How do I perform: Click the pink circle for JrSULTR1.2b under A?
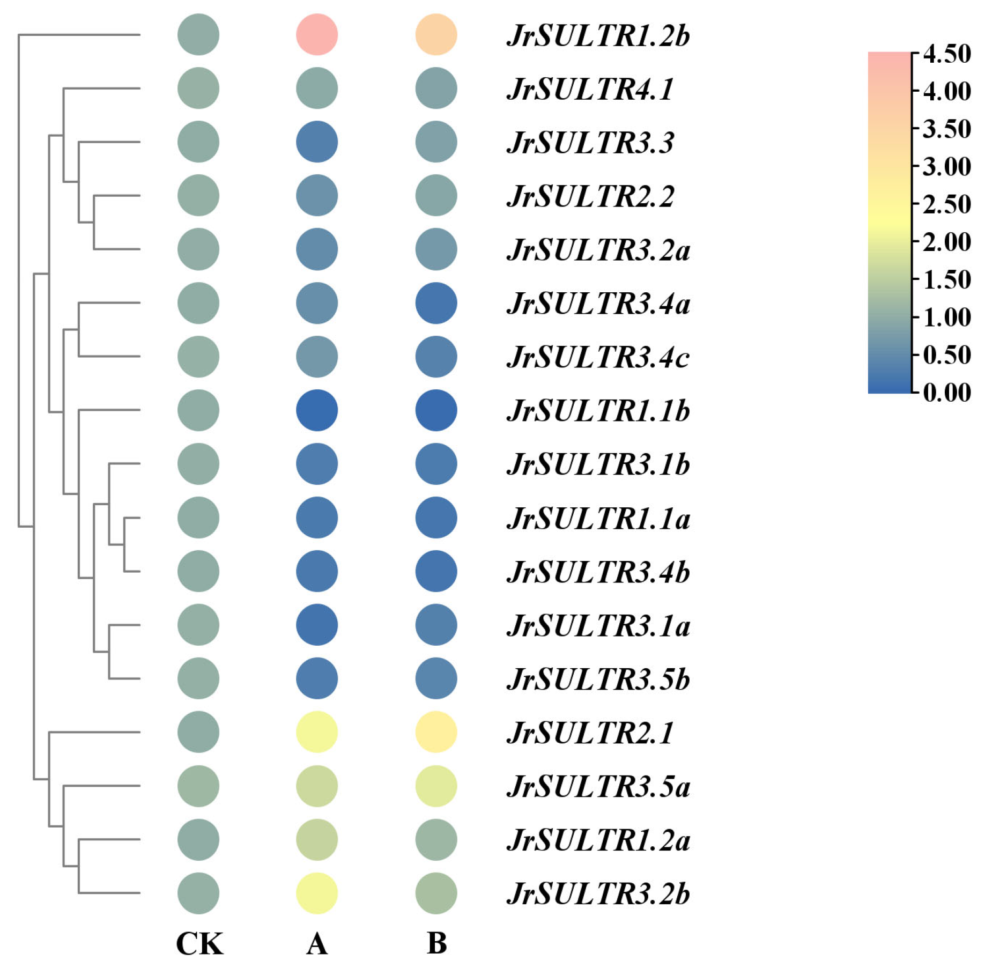317,35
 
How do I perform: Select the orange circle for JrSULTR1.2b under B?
436,35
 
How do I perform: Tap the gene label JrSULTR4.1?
590,89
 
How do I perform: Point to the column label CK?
199,944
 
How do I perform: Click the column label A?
317,944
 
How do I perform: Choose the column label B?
436,944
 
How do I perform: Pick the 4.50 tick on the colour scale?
946,54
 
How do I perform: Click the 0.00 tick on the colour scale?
946,393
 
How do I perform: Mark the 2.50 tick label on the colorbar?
946,204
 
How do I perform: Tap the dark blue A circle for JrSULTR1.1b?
317,410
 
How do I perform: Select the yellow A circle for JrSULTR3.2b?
317,893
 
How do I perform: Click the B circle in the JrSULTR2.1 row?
436,732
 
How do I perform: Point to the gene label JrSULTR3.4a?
598,304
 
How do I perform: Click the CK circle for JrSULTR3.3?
198,142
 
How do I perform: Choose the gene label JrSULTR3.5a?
598,786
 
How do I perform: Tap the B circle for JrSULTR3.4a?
436,303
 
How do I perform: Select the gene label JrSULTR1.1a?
598,518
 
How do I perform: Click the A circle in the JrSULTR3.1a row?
317,625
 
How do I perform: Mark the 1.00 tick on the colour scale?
946,317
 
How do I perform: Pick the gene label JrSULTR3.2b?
598,893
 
